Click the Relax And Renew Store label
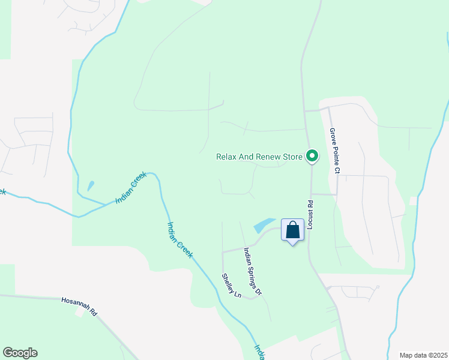coord(259,157)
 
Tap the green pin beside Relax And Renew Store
coord(312,157)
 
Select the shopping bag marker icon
coord(292,230)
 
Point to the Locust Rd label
coord(311,215)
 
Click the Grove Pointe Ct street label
coord(334,150)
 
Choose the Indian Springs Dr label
coord(253,271)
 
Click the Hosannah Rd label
coord(79,306)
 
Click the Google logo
coord(20,353)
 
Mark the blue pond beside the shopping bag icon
coord(264,226)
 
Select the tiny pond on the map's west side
coord(91,186)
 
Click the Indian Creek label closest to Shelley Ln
coord(179,240)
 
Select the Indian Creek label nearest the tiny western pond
coord(127,190)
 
